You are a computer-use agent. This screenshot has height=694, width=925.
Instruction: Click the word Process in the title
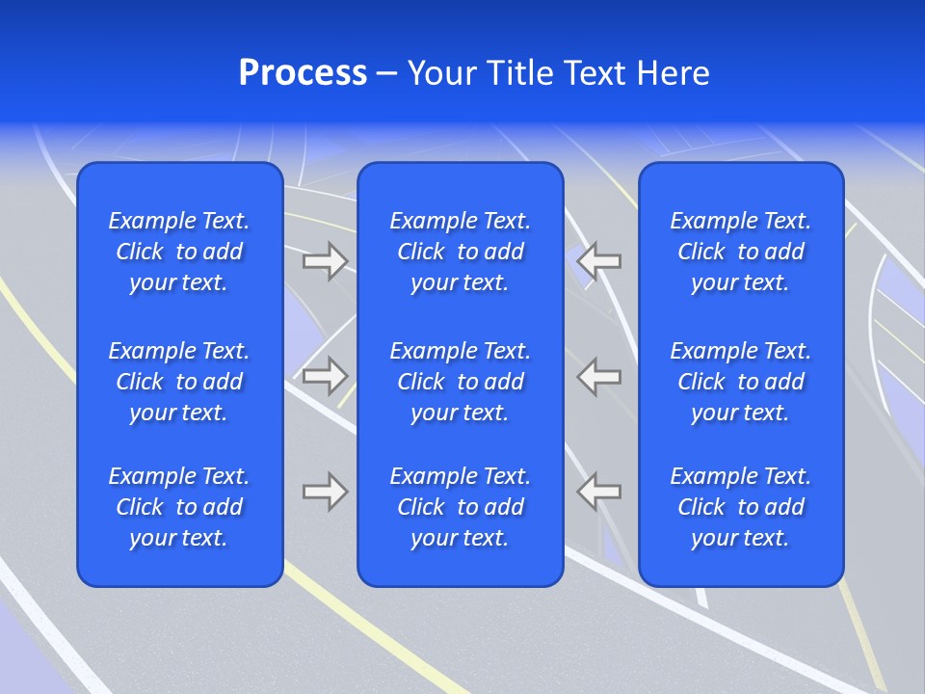click(x=303, y=73)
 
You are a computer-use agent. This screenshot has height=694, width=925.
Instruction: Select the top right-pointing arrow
click(x=325, y=261)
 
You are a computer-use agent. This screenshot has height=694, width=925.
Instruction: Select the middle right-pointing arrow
click(x=325, y=376)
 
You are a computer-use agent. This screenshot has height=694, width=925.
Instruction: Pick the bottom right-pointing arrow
click(x=325, y=492)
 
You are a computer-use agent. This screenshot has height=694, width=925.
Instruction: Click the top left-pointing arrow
click(x=599, y=260)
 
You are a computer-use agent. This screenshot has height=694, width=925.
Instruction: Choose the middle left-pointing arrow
click(x=599, y=376)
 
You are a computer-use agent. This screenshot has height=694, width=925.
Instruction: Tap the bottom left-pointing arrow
click(x=599, y=492)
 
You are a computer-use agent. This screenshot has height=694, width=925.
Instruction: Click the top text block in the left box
click(x=179, y=252)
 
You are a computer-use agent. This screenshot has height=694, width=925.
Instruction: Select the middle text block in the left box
click(x=179, y=382)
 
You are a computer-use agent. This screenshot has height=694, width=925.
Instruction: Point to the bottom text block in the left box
click(x=179, y=507)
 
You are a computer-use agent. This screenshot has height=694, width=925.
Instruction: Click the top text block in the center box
click(x=460, y=252)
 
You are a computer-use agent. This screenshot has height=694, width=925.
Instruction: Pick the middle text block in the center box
click(x=460, y=382)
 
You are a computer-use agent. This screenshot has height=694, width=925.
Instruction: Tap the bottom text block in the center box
click(x=460, y=507)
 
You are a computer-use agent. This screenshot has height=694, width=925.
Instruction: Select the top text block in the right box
click(x=740, y=252)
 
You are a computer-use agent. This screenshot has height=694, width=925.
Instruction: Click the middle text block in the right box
click(x=740, y=382)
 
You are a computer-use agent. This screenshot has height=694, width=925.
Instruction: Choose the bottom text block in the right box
click(x=740, y=507)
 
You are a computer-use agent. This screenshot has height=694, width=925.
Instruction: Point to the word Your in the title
click(x=442, y=73)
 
